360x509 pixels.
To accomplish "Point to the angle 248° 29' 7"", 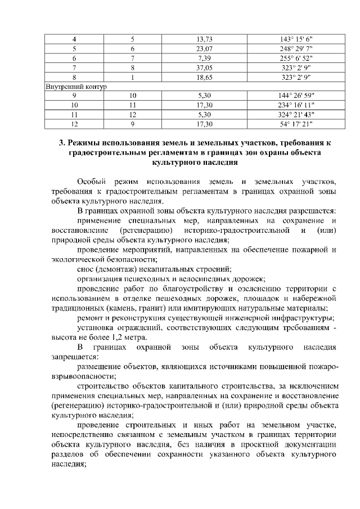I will pyautogui.click(x=300, y=48).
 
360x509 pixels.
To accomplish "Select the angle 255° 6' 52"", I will pyautogui.click(x=300, y=58).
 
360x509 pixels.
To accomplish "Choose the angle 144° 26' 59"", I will pyautogui.click(x=300, y=96).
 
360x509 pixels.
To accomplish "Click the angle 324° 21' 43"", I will pyautogui.click(x=300, y=115).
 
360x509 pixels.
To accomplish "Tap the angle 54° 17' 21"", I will pyautogui.click(x=300, y=125).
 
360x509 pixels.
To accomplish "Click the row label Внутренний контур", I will pyautogui.click(x=75, y=87).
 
